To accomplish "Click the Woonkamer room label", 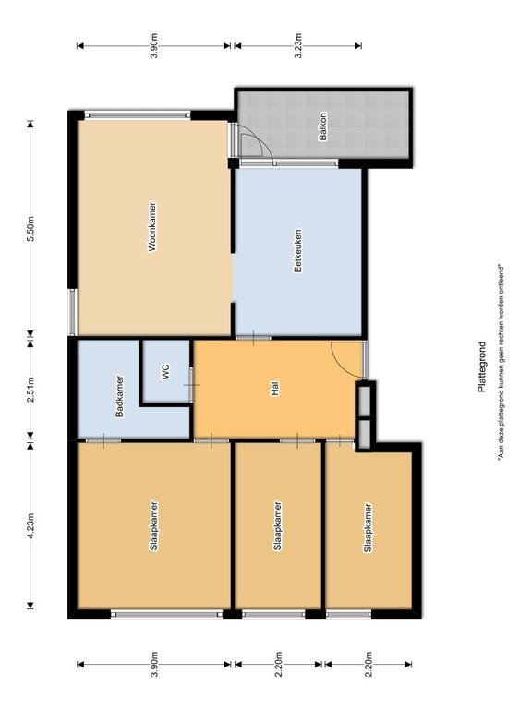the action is [x=152, y=226].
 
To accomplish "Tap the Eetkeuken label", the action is [x=297, y=251].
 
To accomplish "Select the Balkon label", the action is [x=323, y=126].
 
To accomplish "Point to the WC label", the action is [x=165, y=372].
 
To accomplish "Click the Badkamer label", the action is [x=119, y=396].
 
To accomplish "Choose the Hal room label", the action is [x=274, y=389].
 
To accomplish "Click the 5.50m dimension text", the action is [x=30, y=230].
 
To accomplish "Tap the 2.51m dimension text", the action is [x=30, y=390].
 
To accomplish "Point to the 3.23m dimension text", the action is [x=298, y=45].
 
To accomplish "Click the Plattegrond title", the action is [x=482, y=367].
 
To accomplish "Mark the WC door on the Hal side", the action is [x=191, y=385].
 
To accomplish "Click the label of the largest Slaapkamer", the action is [x=154, y=526].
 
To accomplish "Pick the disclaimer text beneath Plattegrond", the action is [x=501, y=363].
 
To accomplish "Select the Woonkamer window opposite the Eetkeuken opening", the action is [x=72, y=312].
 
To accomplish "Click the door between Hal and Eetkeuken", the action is [x=253, y=338].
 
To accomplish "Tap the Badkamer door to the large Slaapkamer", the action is [x=103, y=440].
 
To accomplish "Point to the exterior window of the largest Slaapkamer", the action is [x=167, y=614].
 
